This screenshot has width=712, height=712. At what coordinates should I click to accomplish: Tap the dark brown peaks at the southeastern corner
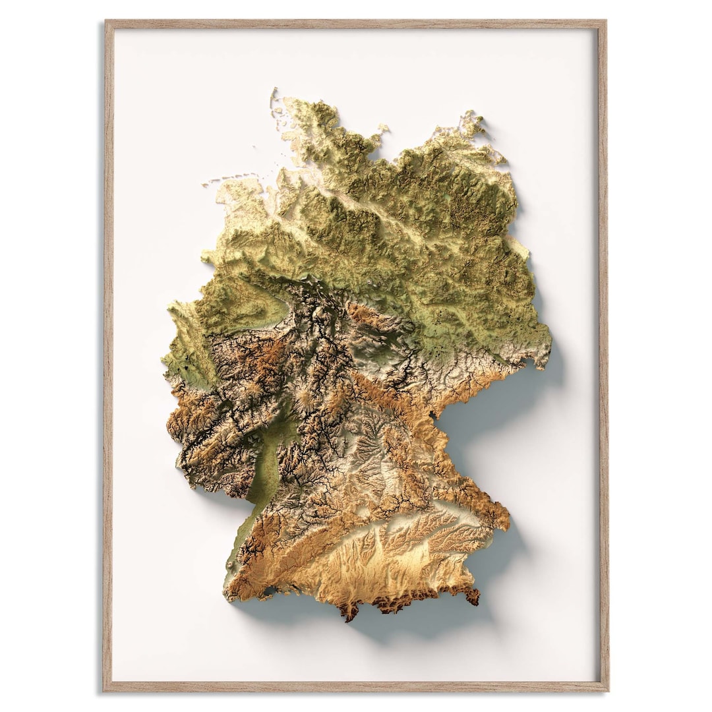coord(471,595)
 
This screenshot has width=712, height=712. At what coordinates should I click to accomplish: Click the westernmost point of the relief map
coord(164,359)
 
